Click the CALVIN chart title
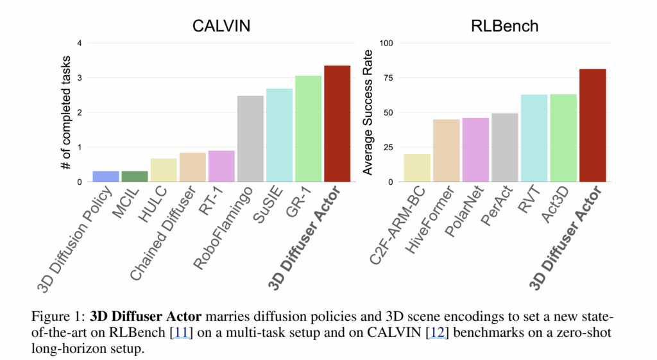[x=221, y=26]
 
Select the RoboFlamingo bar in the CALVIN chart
[x=250, y=139]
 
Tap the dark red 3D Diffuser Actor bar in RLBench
[x=592, y=125]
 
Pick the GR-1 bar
[x=308, y=128]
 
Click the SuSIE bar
[x=279, y=135]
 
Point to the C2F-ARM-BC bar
[x=417, y=167]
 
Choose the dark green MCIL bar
[x=135, y=176]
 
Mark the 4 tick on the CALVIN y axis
[x=80, y=44]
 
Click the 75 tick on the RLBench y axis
[x=388, y=78]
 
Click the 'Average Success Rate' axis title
[x=368, y=113]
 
